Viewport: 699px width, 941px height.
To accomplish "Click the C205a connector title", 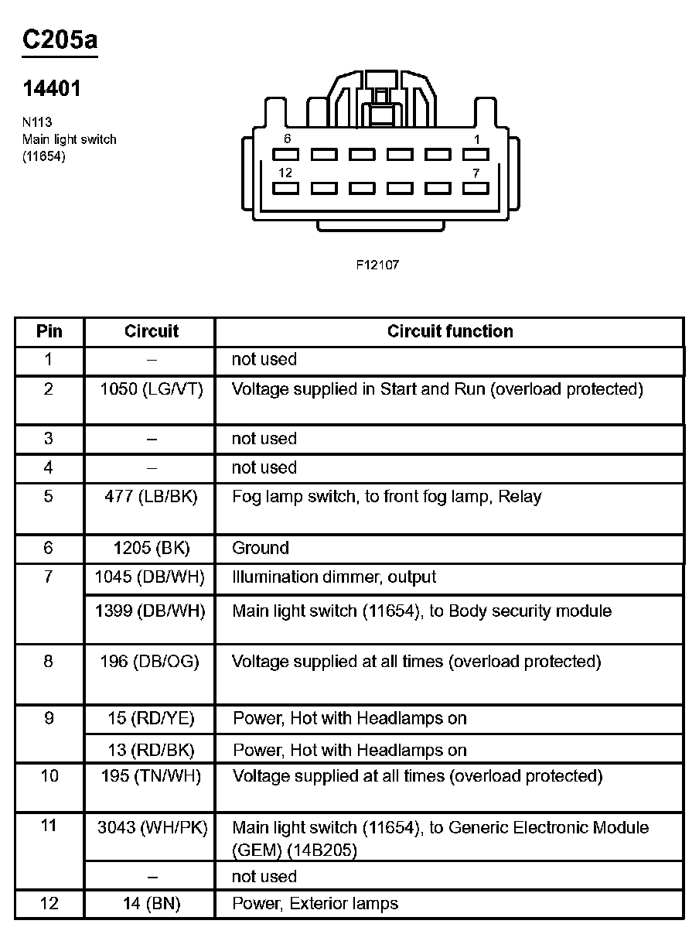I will tap(60, 41).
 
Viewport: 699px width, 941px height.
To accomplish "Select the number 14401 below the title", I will tap(52, 90).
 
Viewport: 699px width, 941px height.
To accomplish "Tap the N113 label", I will tap(37, 122).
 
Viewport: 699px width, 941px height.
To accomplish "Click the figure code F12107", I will tap(377, 265).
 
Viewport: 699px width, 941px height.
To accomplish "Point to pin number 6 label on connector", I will tap(287, 139).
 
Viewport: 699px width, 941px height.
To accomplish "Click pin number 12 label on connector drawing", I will tap(286, 173).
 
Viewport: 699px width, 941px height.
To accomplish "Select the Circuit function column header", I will tap(450, 331).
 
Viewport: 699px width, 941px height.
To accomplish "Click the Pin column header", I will tap(49, 331).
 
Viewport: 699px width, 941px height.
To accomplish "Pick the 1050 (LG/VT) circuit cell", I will tap(152, 389).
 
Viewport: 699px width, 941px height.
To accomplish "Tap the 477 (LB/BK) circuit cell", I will tap(152, 497).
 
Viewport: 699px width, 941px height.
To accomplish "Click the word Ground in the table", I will tap(261, 548).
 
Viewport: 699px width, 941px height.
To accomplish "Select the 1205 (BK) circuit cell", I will tap(152, 548).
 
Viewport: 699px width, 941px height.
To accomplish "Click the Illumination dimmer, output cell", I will tap(334, 577).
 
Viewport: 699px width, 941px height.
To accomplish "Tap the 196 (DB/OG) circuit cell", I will tap(151, 662).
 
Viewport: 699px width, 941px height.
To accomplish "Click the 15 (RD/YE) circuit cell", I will tap(152, 719).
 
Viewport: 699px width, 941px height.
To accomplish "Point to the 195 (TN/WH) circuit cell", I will tap(151, 776).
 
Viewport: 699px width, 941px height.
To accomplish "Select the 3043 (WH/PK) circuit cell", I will tap(152, 828).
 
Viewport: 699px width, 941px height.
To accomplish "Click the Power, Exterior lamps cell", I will tap(315, 903).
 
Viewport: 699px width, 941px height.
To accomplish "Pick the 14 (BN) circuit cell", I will tap(152, 903).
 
